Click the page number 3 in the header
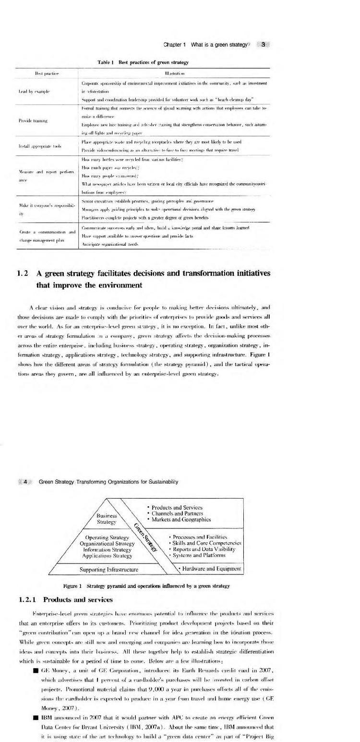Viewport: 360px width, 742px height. (263, 45)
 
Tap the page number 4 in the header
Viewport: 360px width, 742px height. (24, 482)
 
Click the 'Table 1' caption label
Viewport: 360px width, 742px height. (106, 62)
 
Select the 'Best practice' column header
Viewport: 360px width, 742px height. (47, 73)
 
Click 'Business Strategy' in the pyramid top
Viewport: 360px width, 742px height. (107, 519)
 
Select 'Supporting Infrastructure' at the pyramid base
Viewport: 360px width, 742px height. (109, 570)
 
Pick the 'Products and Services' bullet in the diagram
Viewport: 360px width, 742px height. (177, 507)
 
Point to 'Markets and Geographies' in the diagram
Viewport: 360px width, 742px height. (181, 519)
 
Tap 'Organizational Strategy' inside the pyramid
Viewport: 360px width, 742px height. (107, 544)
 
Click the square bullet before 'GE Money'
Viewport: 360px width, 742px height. (36, 670)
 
